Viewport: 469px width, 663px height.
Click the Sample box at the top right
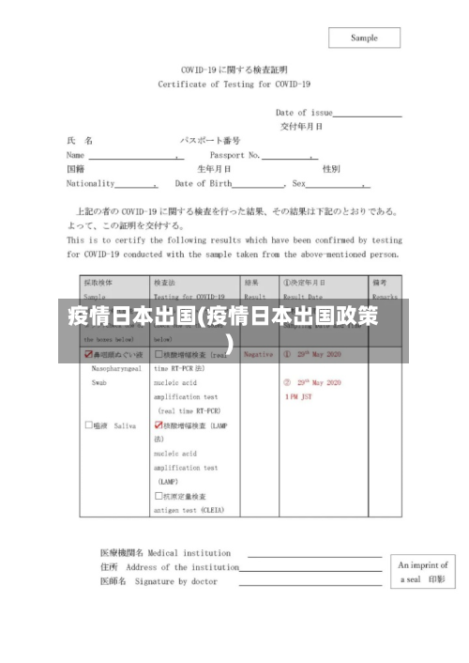(x=364, y=38)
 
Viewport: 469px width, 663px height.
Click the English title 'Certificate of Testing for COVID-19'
(x=234, y=84)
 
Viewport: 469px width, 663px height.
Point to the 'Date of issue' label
(x=304, y=112)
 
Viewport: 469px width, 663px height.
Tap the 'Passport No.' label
(x=234, y=154)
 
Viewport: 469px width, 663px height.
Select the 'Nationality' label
(x=91, y=183)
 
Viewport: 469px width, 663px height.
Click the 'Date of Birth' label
(x=203, y=183)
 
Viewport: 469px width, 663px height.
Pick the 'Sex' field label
(x=299, y=183)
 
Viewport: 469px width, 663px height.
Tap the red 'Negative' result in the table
(x=258, y=355)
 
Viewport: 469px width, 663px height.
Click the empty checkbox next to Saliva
(x=88, y=425)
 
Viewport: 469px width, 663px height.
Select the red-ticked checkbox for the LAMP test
(x=159, y=425)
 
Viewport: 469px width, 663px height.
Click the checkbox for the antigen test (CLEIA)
(x=159, y=496)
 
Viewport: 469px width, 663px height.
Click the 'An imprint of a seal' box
(x=423, y=573)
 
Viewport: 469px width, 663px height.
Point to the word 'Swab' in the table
(x=100, y=383)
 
